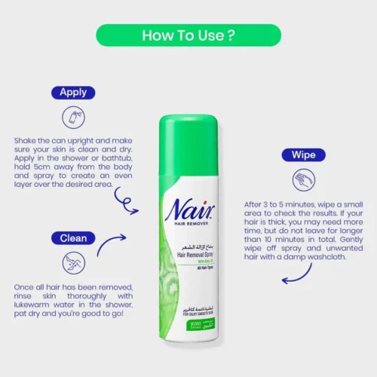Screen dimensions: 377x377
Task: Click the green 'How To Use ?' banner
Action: [188, 35]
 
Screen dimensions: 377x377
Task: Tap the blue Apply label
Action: [72, 93]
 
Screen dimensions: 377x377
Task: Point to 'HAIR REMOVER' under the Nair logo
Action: [185, 228]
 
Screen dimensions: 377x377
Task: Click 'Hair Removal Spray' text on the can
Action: [192, 256]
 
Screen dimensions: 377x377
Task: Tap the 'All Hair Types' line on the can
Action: [198, 270]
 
